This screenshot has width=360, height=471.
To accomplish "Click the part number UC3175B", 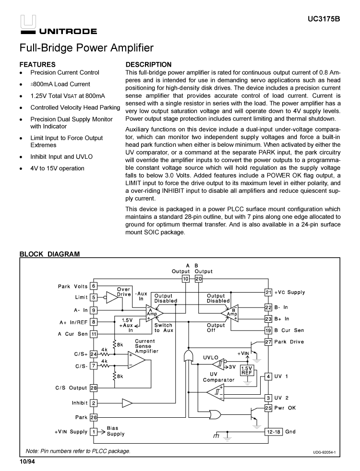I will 324,20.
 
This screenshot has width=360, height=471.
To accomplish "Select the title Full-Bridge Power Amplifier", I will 86,48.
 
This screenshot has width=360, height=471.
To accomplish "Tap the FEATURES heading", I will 37,64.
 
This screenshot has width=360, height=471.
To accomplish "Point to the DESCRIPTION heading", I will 148,64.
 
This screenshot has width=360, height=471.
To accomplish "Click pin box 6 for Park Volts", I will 94,286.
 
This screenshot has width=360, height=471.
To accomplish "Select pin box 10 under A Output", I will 185,278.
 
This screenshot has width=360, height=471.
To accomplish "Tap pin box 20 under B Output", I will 199,278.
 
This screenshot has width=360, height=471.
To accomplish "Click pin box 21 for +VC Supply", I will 268,292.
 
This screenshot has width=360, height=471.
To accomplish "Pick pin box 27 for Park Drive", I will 268,342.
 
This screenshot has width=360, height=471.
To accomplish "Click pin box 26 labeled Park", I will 94,417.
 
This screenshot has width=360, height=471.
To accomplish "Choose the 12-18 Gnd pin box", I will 274,432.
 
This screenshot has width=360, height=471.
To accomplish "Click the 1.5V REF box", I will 247,370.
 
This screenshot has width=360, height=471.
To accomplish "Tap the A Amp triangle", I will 152,313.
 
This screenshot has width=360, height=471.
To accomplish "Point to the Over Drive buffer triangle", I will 111,298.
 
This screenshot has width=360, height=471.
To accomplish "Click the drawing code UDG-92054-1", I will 324,452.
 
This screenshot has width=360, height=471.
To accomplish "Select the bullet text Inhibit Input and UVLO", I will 61,156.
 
